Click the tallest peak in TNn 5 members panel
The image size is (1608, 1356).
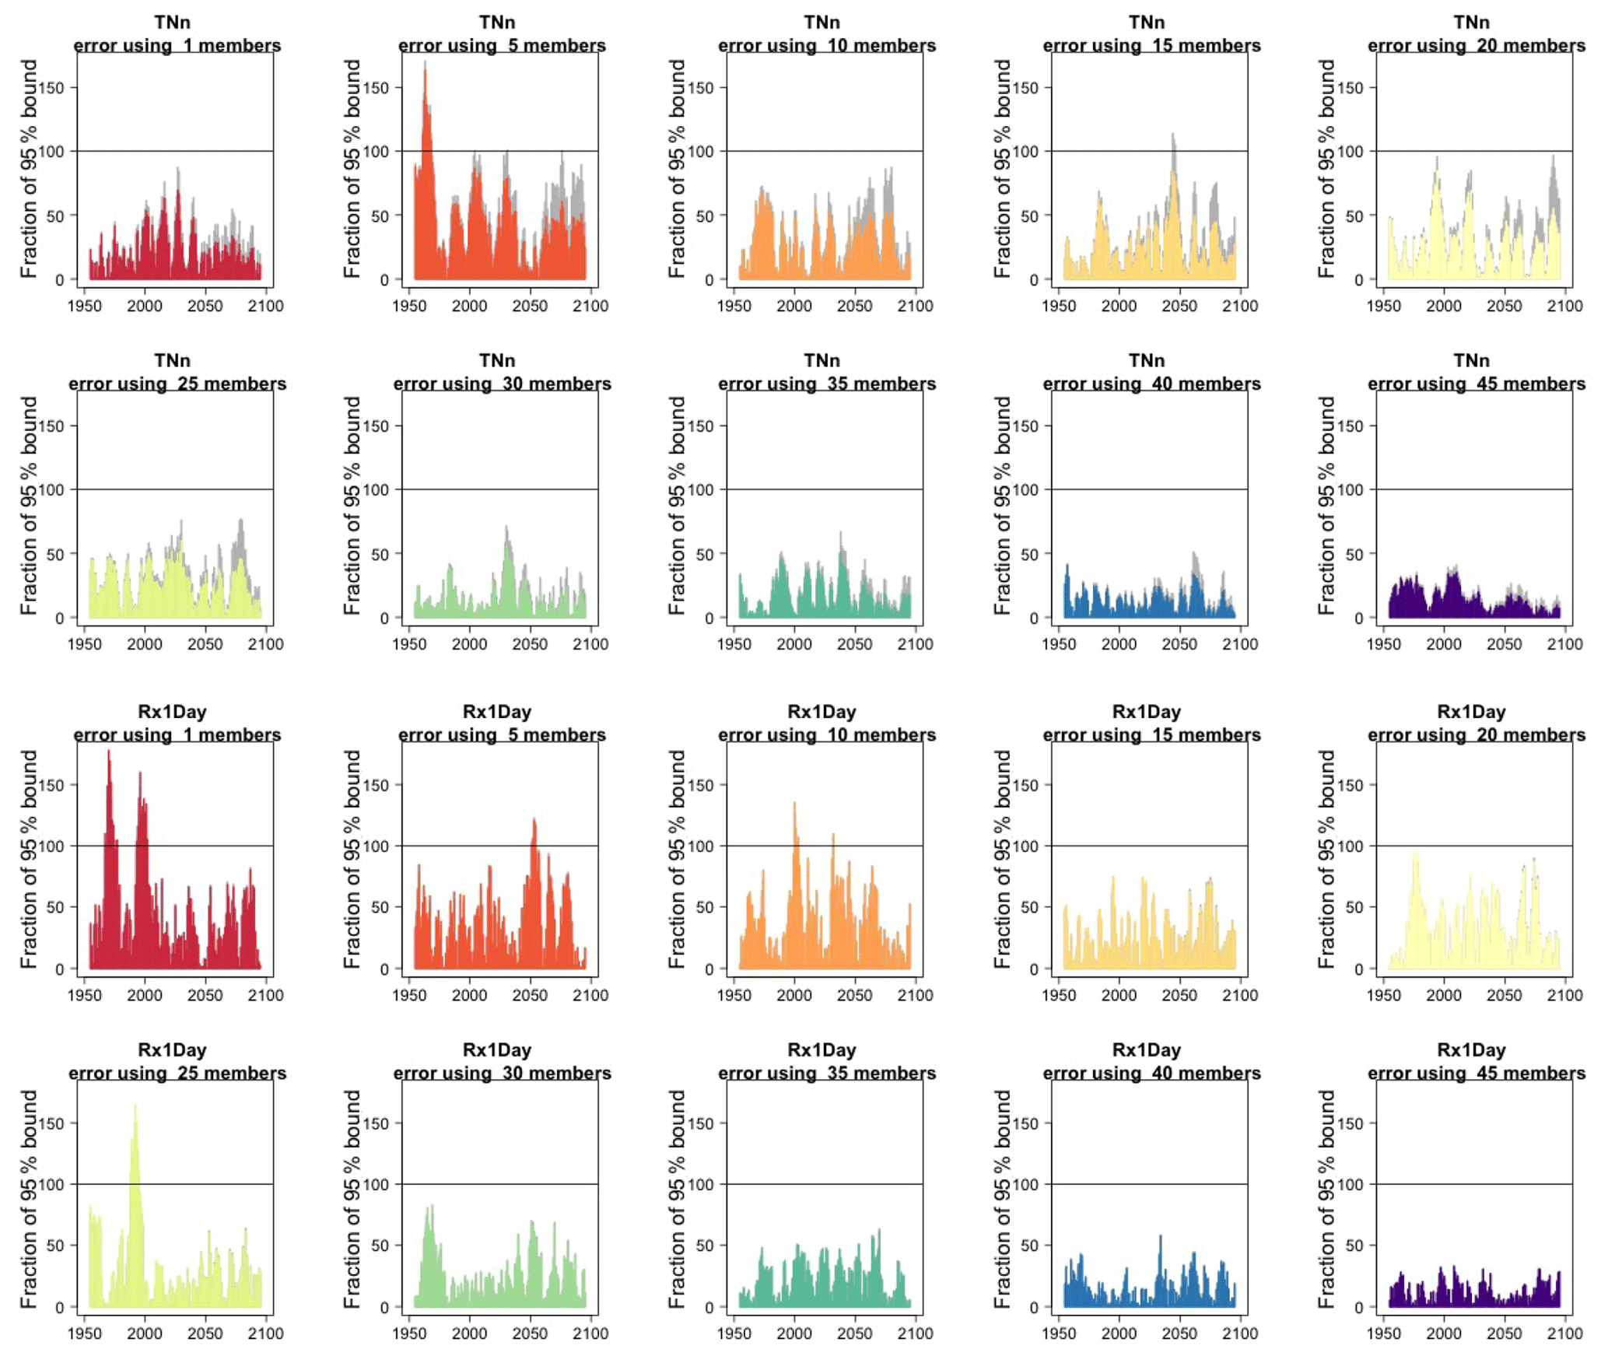(425, 62)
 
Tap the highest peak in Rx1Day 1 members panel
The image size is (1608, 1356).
(108, 752)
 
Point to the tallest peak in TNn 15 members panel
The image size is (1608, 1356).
(1172, 135)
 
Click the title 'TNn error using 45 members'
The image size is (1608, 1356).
(1475, 372)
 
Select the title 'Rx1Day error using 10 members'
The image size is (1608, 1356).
(826, 723)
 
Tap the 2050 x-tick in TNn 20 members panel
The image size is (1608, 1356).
(1504, 306)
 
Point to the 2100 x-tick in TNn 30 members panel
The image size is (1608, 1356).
(590, 644)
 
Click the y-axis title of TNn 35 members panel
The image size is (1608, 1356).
(677, 506)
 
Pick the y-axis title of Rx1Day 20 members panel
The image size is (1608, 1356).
(1326, 859)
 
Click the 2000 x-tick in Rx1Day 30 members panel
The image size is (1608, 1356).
(469, 1333)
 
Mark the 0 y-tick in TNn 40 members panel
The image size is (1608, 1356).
(1034, 618)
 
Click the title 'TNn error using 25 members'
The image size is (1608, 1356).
(177, 372)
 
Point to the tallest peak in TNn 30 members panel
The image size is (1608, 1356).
(506, 527)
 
